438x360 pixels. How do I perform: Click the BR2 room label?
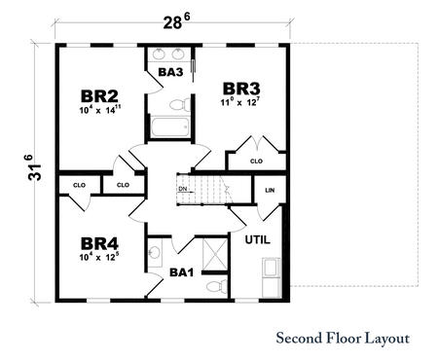(x=99, y=95)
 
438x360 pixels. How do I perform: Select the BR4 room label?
(x=99, y=242)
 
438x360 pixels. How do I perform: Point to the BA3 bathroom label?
(x=169, y=70)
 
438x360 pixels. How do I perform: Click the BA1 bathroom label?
(x=182, y=273)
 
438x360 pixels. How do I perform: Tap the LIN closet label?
(x=269, y=191)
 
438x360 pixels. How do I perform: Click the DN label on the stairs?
(x=182, y=189)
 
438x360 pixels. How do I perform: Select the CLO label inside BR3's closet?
(x=256, y=162)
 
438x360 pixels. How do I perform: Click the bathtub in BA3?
(x=170, y=127)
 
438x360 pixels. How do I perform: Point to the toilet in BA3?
(x=178, y=103)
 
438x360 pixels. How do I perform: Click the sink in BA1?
(x=155, y=254)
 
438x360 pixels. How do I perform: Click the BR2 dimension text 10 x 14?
(x=99, y=111)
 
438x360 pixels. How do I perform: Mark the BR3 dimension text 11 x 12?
(x=238, y=100)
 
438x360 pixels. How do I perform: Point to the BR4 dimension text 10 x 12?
(x=99, y=258)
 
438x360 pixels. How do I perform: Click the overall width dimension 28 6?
(x=171, y=18)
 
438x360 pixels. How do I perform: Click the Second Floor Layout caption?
(x=342, y=339)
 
